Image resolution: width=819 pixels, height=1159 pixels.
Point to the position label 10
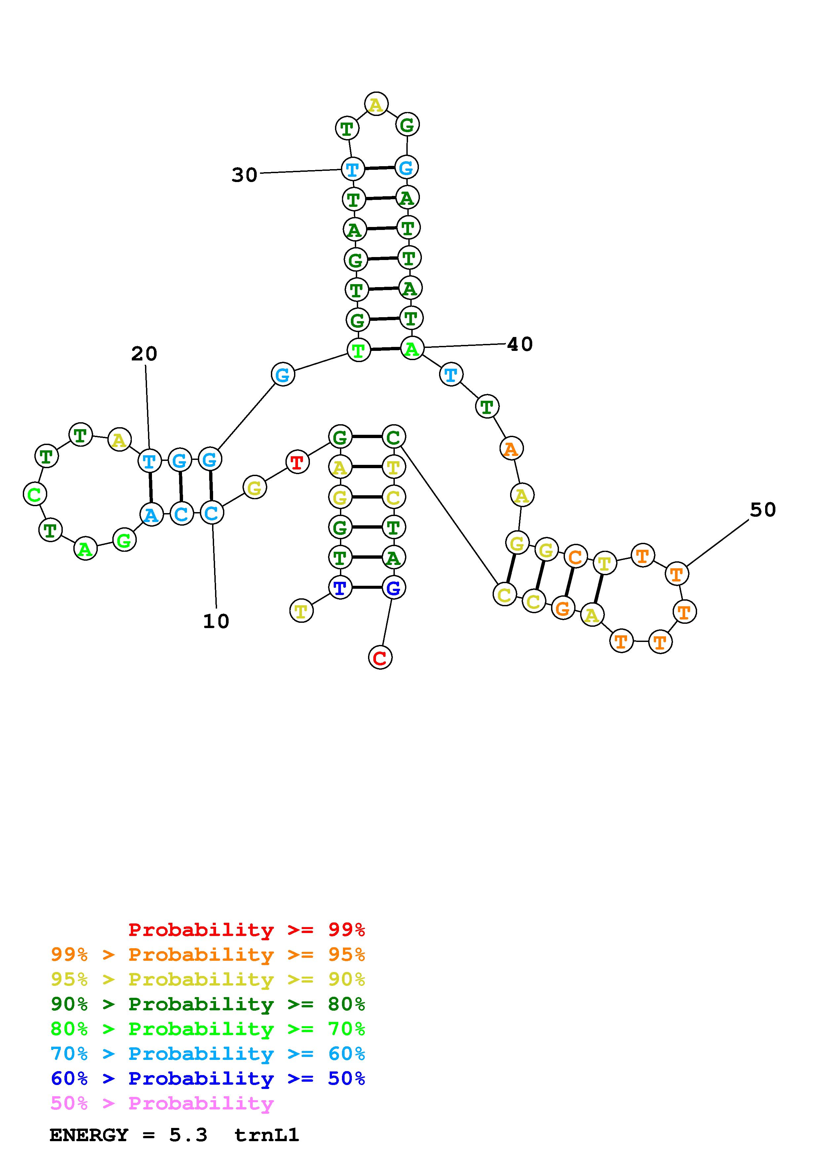coord(216,621)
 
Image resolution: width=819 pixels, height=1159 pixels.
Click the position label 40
coord(520,344)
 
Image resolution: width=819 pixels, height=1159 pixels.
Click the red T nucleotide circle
coord(297,462)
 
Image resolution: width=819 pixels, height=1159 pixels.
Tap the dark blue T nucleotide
coord(340,587)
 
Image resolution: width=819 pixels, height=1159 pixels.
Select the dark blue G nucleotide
coord(393,587)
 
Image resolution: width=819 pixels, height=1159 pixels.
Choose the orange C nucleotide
coord(575,557)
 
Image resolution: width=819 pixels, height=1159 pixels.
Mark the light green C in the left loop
coord(35,494)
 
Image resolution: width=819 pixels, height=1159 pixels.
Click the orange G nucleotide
coord(563,608)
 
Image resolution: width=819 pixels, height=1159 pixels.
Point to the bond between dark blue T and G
coord(366,587)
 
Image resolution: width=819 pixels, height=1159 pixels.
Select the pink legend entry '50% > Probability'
coord(162,1104)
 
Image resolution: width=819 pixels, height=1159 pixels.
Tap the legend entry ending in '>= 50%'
coord(207,1079)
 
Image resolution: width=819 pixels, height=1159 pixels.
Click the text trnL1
coord(266,1135)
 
